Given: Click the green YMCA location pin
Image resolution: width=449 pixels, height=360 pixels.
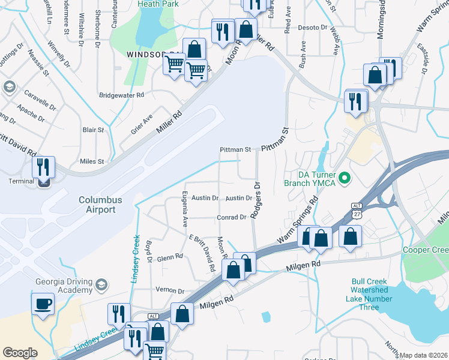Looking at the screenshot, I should tap(345, 178).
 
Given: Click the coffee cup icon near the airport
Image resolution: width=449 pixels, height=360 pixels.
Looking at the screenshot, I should tap(43, 304).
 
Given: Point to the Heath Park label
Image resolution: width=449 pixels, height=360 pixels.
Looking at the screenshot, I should tap(159, 4).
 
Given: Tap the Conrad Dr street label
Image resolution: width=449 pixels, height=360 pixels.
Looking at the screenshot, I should tap(232, 217).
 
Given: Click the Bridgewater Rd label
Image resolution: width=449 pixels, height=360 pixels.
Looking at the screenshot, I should tap(122, 95).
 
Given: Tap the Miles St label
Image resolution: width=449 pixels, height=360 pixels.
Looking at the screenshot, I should tap(92, 161).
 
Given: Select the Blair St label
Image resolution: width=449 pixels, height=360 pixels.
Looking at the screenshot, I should tap(94, 130).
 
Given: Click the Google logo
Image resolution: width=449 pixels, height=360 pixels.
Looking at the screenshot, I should tap(20, 353).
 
